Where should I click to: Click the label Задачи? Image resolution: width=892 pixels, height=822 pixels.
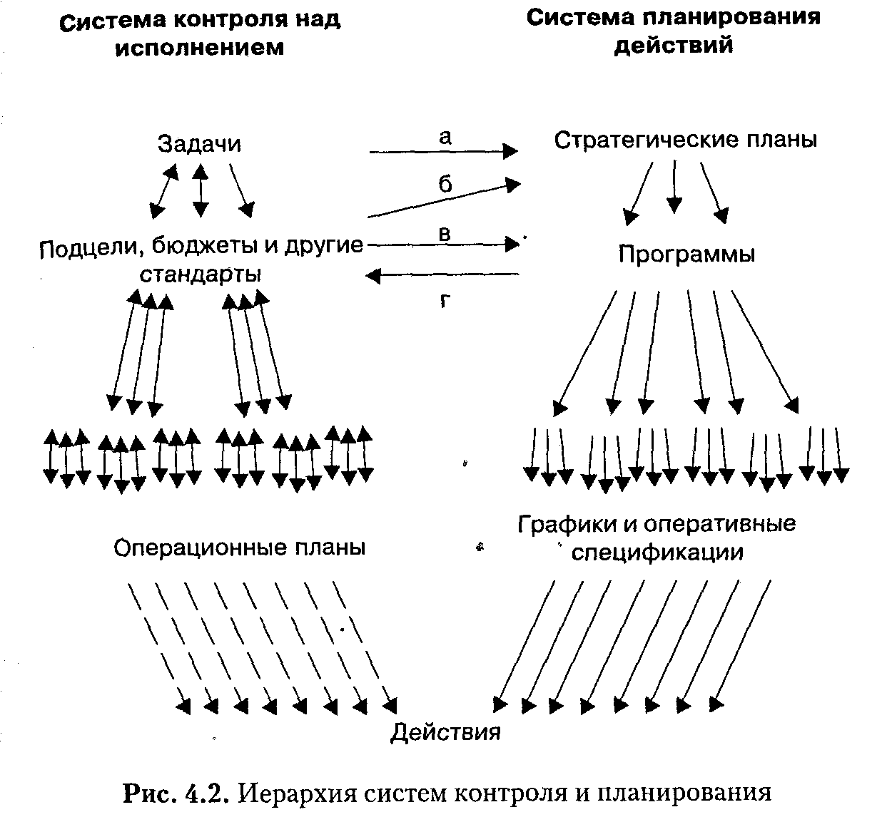point(199,144)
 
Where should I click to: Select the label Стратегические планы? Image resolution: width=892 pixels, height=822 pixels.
point(685,140)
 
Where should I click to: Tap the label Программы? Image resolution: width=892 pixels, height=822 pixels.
point(686,255)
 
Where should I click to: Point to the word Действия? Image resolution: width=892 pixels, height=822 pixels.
point(445,732)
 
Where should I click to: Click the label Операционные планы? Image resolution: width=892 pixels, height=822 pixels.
point(240,548)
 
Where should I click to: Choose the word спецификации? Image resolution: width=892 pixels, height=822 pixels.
point(657,552)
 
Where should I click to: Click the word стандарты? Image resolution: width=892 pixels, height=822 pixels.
point(200,274)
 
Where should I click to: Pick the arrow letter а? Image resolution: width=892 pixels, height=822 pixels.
point(445,138)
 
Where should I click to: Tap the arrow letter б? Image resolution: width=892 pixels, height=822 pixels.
point(445,185)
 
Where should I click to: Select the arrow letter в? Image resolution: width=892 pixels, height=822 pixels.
point(445,234)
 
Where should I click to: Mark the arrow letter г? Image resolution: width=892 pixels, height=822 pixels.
point(445,301)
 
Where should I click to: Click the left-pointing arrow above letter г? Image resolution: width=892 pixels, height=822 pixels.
point(442,275)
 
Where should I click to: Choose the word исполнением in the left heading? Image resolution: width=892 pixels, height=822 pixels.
point(199,48)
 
